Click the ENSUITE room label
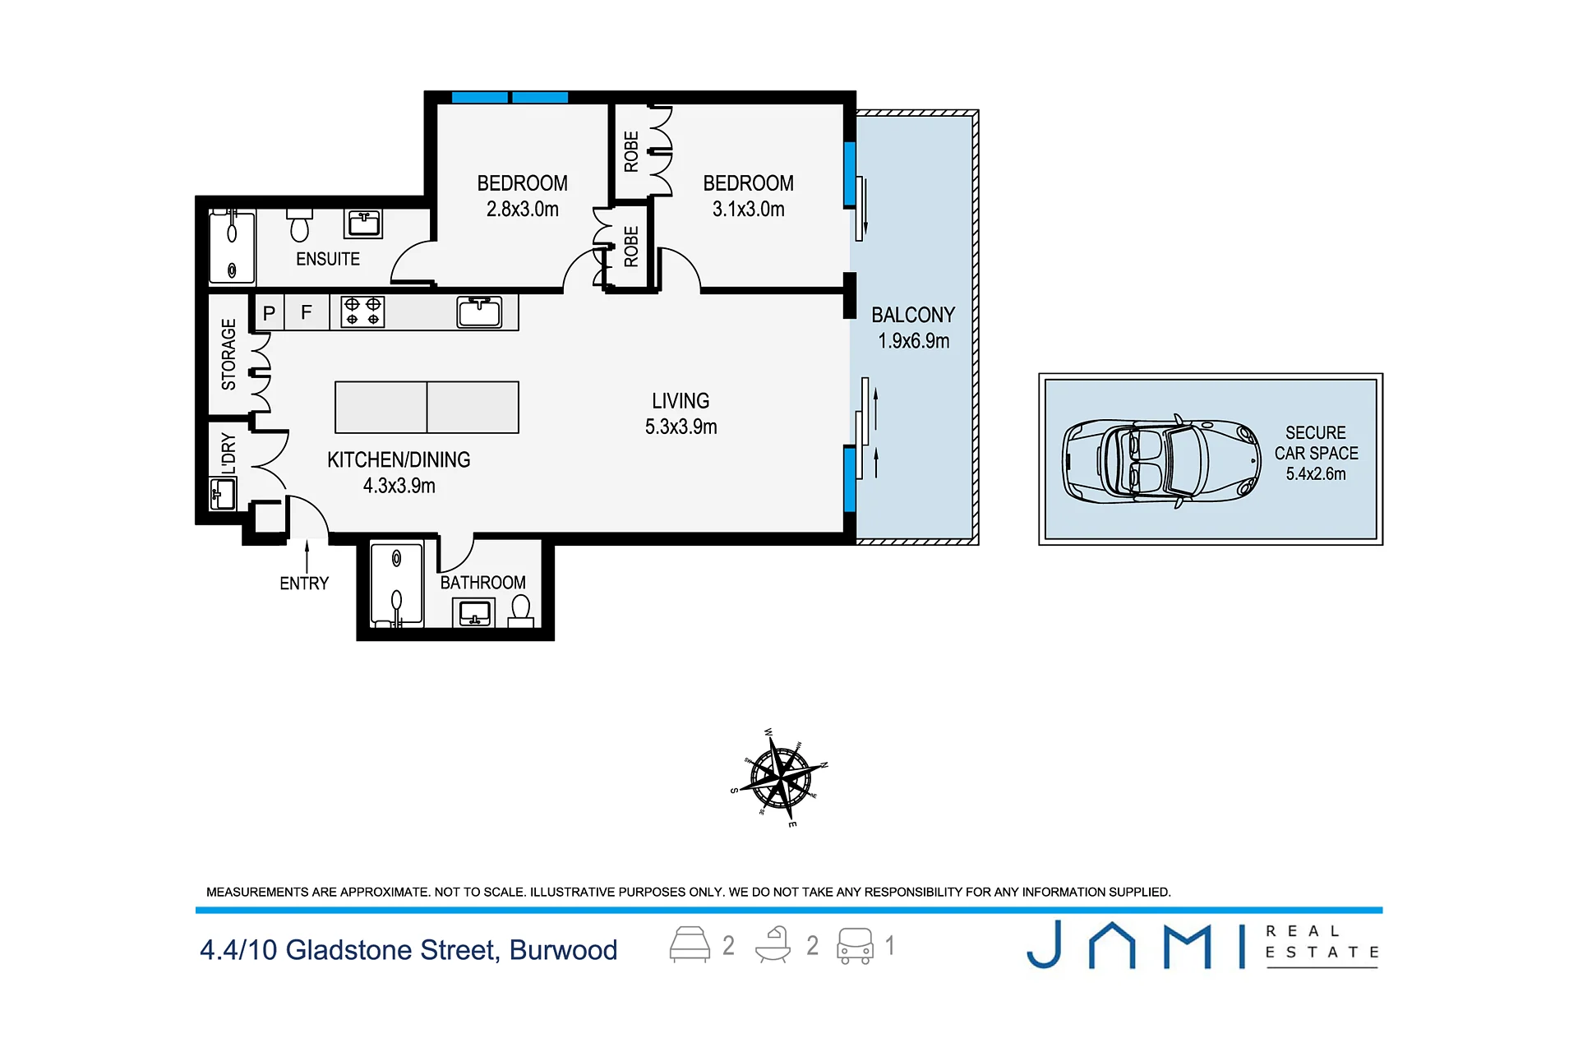[x=328, y=259]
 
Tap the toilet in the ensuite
[x=300, y=225]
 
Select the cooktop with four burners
[x=362, y=312]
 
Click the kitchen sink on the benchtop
[x=480, y=312]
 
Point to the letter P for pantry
[x=269, y=313]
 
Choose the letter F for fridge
[x=307, y=312]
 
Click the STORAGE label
[x=228, y=354]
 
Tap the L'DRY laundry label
[x=228, y=453]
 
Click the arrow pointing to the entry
[x=307, y=556]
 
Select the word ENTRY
[x=304, y=584]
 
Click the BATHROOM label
[x=483, y=583]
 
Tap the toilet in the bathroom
[x=520, y=611]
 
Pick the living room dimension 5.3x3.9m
[x=681, y=427]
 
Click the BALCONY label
[x=913, y=315]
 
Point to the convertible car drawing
[x=1161, y=460]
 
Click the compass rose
[x=779, y=777]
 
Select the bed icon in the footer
[x=690, y=945]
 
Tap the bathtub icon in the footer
[x=773, y=945]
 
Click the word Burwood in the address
[x=563, y=950]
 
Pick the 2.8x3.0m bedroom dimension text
[x=523, y=209]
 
